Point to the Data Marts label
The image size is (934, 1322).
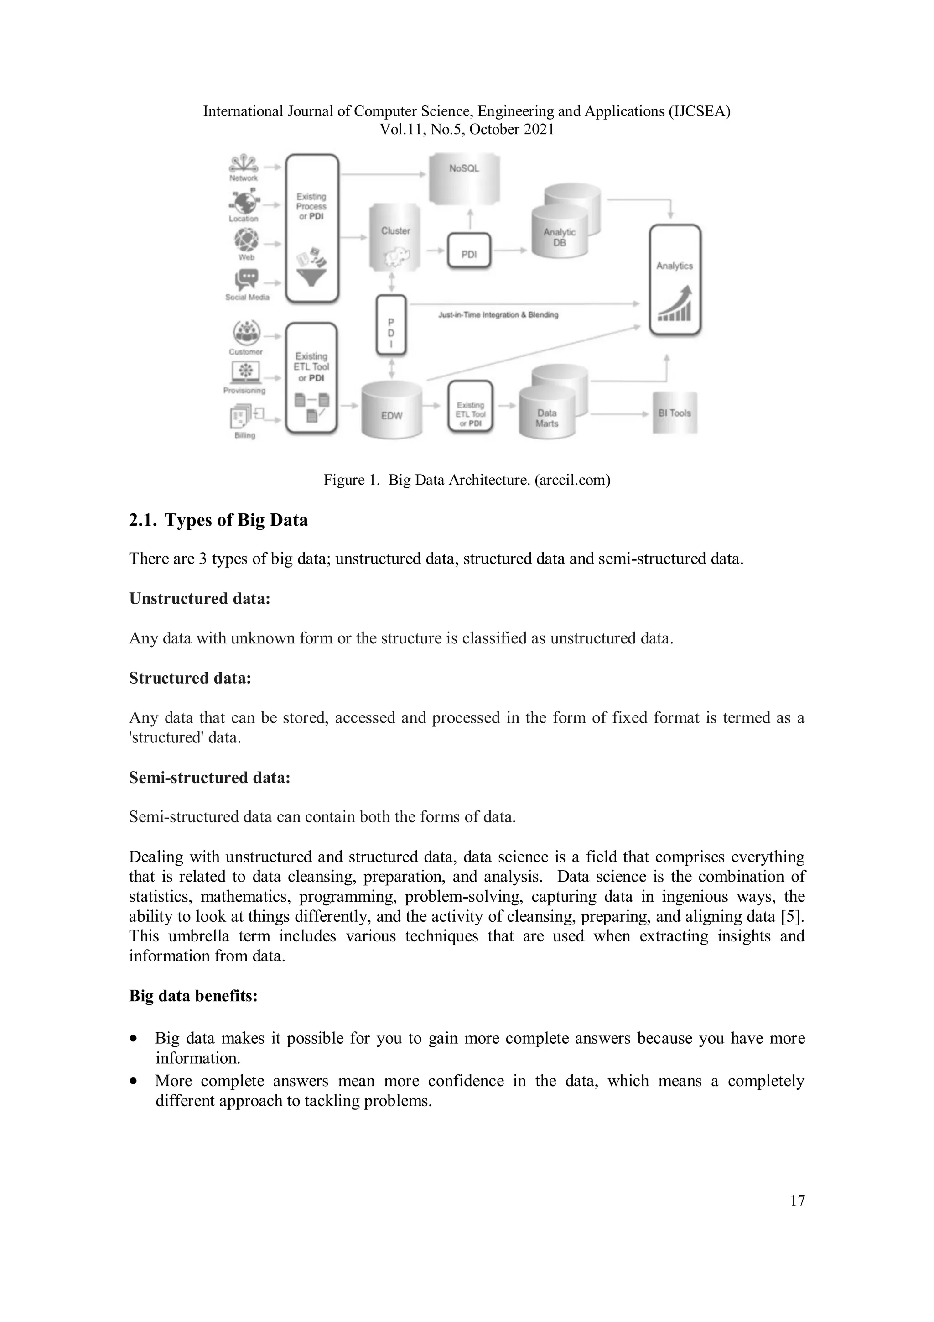pos(547,418)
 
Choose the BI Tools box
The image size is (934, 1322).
pos(675,413)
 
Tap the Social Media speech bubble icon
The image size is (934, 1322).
pos(247,280)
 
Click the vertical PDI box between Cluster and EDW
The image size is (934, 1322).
pos(391,325)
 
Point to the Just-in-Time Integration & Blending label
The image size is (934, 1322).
pos(498,315)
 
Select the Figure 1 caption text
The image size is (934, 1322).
pos(466,480)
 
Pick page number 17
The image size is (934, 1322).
pos(797,1201)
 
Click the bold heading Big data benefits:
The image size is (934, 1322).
pos(193,996)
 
